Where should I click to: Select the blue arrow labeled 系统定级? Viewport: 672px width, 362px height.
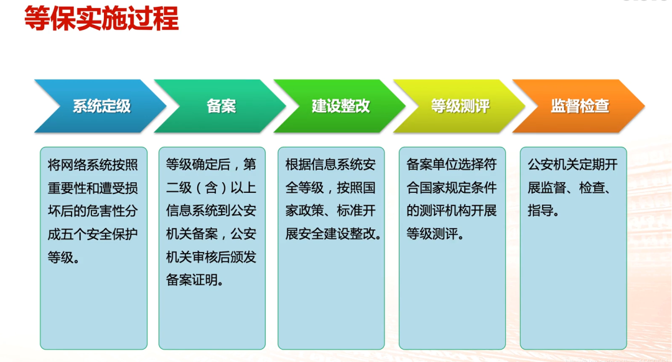point(101,106)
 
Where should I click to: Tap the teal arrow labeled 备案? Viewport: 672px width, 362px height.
point(221,106)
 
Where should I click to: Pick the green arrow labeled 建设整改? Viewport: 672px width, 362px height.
point(340,106)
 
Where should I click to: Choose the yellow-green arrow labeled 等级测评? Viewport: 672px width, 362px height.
point(460,106)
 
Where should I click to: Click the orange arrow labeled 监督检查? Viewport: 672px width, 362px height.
point(579,106)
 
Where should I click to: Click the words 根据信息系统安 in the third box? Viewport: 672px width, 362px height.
point(330,165)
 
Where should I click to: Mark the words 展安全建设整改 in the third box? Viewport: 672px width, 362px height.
point(330,234)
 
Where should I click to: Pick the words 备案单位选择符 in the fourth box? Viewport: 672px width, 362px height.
point(452,165)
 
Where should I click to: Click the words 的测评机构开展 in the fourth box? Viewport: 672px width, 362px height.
point(452,211)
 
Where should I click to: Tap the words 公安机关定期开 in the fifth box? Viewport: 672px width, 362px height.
point(573,165)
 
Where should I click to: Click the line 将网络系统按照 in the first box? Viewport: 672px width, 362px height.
point(93,165)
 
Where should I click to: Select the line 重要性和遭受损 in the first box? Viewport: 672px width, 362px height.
point(93,188)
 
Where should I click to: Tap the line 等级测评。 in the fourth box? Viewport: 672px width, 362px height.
point(434,234)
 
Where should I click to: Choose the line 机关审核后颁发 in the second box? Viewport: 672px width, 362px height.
point(212,257)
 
